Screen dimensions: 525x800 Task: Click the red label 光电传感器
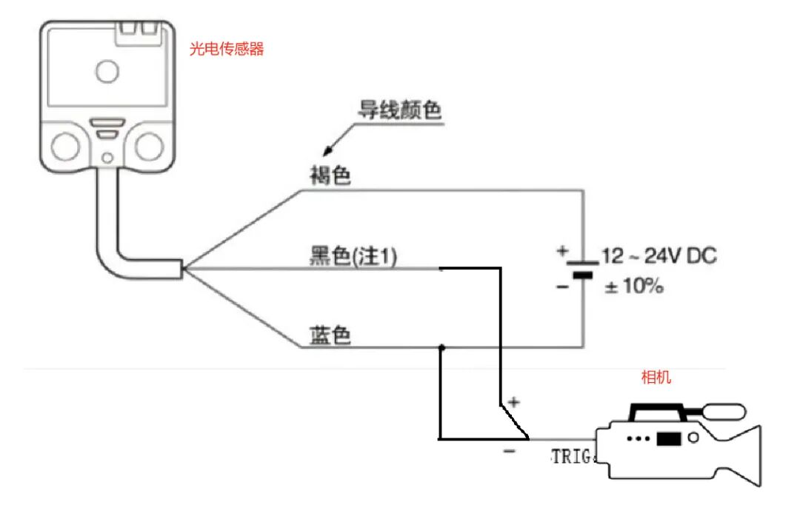227,50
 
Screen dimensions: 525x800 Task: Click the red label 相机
656,378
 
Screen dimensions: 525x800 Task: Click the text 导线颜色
400,111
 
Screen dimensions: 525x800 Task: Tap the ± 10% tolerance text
634,286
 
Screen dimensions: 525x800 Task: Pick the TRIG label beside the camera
572,456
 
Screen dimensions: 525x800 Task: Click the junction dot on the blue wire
441,347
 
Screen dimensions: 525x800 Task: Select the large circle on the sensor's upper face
107,71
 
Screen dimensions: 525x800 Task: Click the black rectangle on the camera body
668,438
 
